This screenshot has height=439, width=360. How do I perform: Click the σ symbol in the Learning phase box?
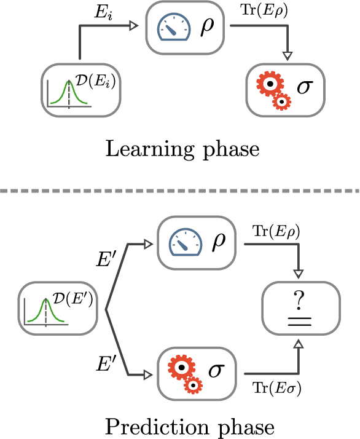tap(304, 87)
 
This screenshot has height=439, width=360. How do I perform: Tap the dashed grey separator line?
tap(180, 191)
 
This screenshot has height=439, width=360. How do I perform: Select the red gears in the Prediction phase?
tap(185, 373)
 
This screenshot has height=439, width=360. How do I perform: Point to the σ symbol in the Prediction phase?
tap(216, 371)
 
